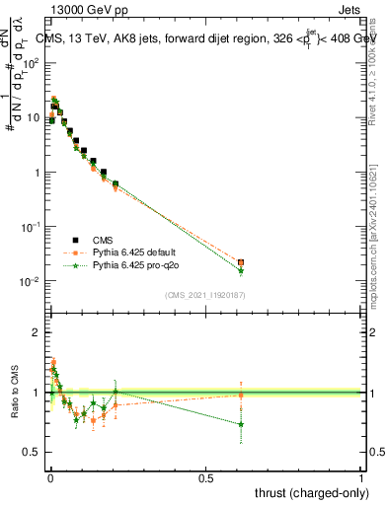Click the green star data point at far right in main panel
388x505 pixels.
click(241, 271)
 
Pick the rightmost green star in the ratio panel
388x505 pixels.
click(241, 425)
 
